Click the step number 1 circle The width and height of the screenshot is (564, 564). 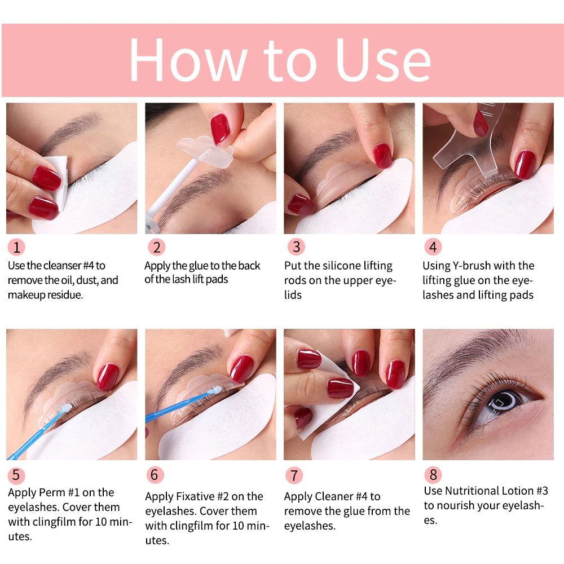[17, 247]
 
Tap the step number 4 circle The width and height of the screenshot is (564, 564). [433, 247]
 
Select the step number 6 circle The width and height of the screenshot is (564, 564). [155, 474]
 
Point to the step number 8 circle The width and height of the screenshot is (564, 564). [433, 474]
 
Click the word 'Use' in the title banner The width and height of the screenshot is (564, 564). [383, 60]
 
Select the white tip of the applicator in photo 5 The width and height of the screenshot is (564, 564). [66, 408]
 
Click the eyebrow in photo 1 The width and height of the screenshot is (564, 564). [70, 127]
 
